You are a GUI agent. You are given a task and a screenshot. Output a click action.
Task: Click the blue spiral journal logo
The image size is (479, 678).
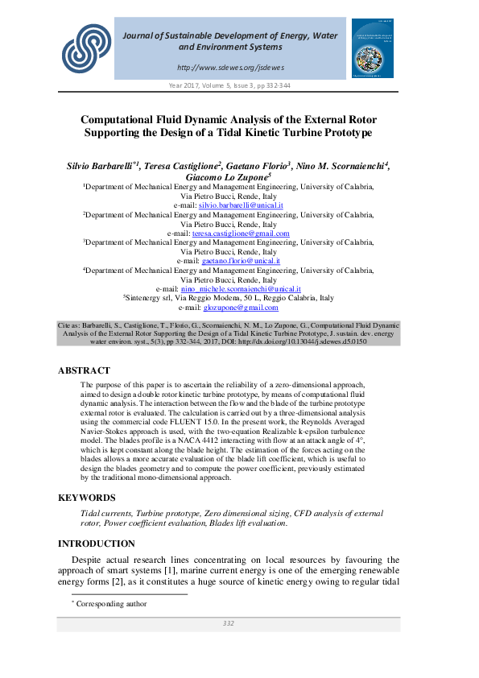tap(85, 47)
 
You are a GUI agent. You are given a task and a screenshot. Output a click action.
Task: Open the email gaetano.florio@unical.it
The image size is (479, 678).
tap(241, 261)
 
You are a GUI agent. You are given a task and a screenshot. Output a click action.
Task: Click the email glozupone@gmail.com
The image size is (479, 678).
tap(241, 308)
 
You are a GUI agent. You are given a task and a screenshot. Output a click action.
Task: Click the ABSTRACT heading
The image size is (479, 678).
tap(84, 370)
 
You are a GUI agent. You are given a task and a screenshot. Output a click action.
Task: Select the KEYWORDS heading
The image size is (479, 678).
tap(87, 498)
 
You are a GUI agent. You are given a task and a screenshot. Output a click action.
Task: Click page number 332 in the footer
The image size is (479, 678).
tap(228, 623)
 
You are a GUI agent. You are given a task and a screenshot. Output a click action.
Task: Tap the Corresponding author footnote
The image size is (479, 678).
tap(111, 603)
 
